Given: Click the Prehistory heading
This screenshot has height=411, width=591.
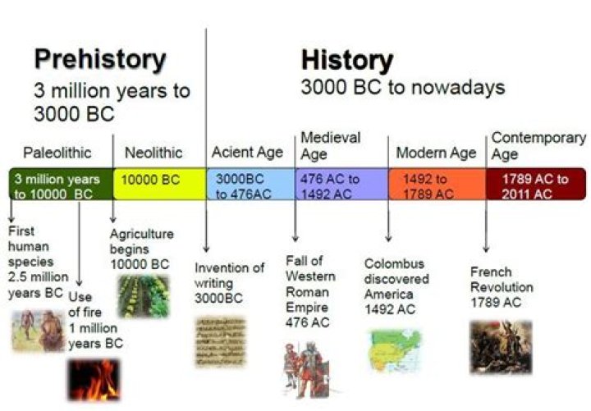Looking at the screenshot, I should pos(99,60).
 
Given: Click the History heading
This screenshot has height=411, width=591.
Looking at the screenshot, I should pos(346,60).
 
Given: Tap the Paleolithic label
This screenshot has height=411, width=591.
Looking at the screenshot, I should pos(57,153).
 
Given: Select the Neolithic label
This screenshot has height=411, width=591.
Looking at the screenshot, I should pos(153,153).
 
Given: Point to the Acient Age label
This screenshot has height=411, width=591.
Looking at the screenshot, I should pos(247,152).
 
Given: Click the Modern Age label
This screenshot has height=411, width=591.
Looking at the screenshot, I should pos(436,153).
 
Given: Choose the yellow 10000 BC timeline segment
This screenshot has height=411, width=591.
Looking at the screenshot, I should pos(159,185).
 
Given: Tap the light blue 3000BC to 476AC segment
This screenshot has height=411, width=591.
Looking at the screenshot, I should pos(250,185).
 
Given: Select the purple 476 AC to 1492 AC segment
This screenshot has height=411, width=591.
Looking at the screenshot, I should pos(341,185).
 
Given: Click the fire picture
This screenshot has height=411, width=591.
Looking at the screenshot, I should pos(93,379).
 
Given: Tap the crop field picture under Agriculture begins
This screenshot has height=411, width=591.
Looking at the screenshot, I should pos(143,296).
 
